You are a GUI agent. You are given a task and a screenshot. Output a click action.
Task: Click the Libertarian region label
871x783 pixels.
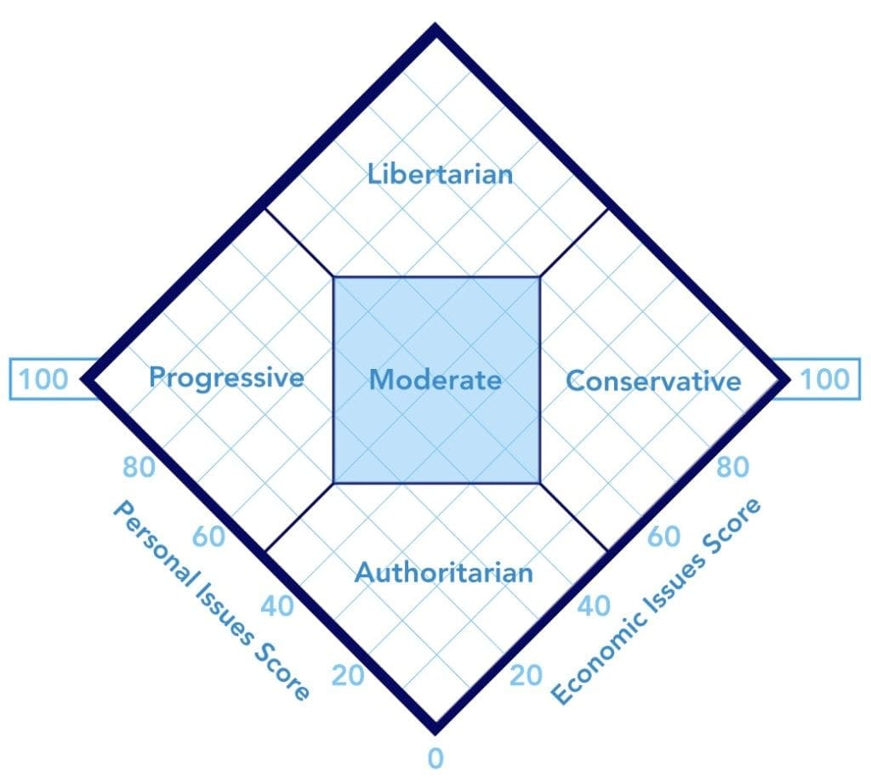[x=440, y=175]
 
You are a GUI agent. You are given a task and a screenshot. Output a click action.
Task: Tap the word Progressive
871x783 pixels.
[x=226, y=377]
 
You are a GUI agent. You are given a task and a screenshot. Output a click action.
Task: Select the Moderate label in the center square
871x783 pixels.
[x=435, y=380]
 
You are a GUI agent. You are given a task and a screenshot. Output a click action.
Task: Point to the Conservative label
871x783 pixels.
[x=653, y=380]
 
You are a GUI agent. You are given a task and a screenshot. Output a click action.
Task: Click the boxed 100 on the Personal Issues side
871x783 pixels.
[x=43, y=378]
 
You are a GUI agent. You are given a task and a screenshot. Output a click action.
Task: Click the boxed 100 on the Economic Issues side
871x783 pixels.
[x=824, y=378]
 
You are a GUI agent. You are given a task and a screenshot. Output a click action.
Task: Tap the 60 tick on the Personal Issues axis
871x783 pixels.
[x=208, y=538]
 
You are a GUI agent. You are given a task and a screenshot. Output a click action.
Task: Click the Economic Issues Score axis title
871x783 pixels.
[x=656, y=602]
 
